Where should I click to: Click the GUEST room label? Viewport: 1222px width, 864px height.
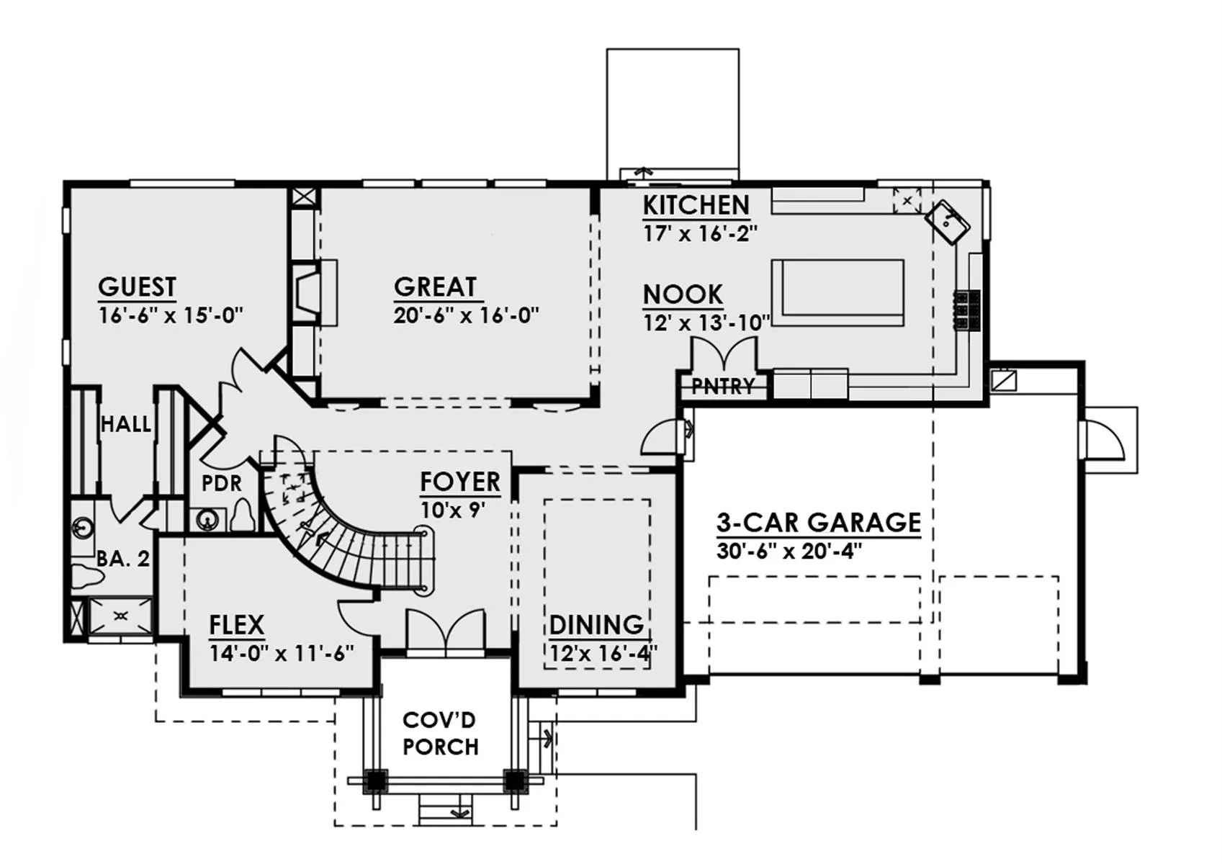[x=137, y=287]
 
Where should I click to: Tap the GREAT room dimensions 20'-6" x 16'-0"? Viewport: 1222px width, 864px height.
[x=466, y=315]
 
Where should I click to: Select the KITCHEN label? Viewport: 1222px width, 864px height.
[x=696, y=205]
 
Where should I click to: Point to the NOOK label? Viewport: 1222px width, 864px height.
[x=683, y=294]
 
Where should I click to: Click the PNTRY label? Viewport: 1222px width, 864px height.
[x=723, y=387]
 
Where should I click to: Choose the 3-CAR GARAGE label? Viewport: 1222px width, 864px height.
[x=818, y=522]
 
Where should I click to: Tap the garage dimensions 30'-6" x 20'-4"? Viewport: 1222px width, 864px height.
[x=789, y=552]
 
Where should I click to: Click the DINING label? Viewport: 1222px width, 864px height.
[x=596, y=624]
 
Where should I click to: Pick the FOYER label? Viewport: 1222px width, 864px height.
[x=460, y=482]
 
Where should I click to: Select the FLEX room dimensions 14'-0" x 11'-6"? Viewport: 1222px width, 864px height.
[x=282, y=653]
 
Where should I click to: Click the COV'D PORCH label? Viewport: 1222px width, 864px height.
[x=440, y=734]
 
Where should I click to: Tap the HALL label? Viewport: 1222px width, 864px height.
[x=126, y=424]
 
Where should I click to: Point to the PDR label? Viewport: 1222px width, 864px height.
[x=222, y=483]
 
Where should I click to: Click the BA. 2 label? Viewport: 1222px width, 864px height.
[x=122, y=559]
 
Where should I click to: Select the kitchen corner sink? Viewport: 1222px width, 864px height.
[x=947, y=222]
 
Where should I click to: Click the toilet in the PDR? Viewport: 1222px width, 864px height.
[x=243, y=516]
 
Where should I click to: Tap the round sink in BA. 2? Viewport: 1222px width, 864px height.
[x=83, y=528]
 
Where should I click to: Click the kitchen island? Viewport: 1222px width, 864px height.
[x=837, y=293]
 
